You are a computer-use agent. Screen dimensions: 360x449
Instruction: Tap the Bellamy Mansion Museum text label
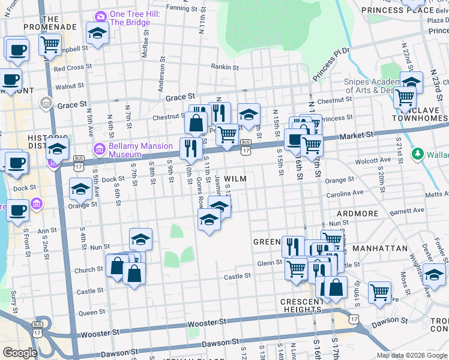(140, 149)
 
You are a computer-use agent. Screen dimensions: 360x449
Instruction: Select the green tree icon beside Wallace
(418, 154)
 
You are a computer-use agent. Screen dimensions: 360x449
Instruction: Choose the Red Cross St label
(70, 68)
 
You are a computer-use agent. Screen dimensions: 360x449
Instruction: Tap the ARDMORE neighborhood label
(357, 214)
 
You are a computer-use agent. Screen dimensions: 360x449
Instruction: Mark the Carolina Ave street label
(345, 194)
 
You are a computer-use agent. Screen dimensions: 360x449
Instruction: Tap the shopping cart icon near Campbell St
(50, 44)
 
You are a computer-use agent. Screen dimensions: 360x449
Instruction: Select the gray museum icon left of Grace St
(44, 104)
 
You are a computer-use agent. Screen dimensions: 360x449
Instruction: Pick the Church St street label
(89, 269)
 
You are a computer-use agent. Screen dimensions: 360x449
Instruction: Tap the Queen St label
(92, 313)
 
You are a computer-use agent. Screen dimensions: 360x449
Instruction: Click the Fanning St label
(182, 8)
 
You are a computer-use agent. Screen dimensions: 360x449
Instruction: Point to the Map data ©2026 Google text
(411, 355)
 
